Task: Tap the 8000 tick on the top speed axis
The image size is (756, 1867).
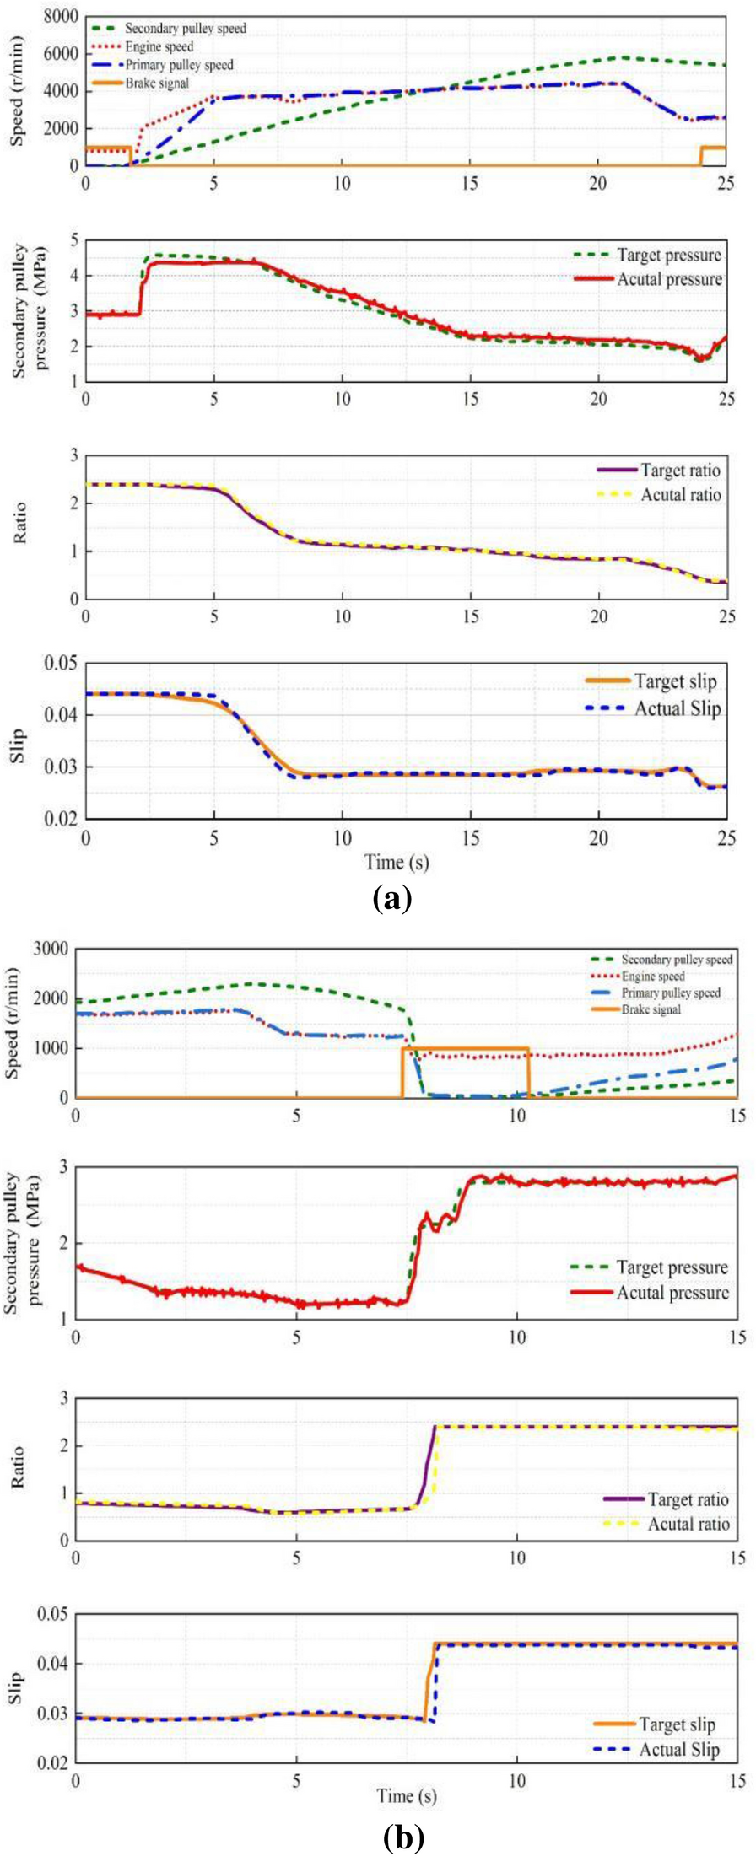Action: point(60,17)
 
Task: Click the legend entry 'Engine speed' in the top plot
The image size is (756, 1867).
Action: point(159,46)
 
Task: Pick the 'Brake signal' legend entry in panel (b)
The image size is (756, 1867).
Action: point(651,1009)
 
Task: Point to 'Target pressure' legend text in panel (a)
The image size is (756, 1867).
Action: point(669,255)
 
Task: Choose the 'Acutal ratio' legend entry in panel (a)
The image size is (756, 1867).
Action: point(681,494)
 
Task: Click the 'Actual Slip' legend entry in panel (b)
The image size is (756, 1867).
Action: point(679,1749)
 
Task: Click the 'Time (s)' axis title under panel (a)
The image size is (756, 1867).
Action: point(397,861)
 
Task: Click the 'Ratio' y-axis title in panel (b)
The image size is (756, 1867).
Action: point(17,1468)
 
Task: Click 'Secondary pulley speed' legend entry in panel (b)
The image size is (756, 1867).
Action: point(677,960)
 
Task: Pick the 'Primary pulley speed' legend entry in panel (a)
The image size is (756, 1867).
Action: point(179,65)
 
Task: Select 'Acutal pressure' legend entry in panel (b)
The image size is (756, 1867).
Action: point(672,1292)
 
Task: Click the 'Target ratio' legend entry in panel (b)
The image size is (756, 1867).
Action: point(688,1498)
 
